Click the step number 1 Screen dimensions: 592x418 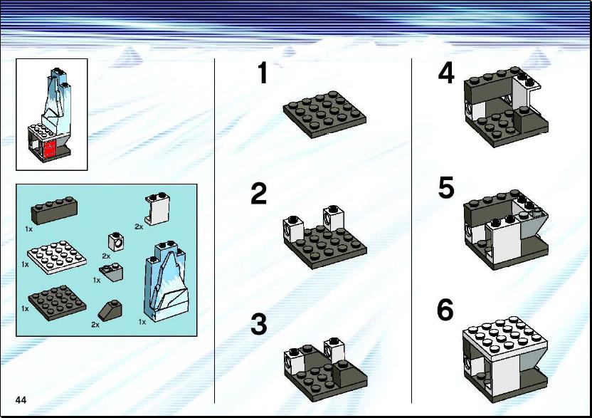coord(263,73)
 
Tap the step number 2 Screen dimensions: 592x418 coord(258,194)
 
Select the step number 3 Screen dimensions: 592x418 coord(258,324)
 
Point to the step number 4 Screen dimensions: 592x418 coord(446,73)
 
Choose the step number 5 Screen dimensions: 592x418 coord(446,187)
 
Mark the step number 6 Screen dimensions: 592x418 coord(445,310)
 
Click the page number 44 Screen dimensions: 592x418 coord(21,400)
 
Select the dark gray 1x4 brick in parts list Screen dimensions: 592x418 coord(54,210)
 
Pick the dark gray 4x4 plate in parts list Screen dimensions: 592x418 coord(57,303)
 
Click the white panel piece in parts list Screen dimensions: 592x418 coord(157,209)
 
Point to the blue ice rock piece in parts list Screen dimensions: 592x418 coord(166,281)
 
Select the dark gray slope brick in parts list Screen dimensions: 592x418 coord(110,310)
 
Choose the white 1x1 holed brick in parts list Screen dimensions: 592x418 coord(117,241)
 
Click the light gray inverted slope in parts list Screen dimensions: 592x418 coord(112,272)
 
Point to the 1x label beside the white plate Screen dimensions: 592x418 coord(25,265)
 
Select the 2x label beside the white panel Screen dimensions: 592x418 coord(139,226)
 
